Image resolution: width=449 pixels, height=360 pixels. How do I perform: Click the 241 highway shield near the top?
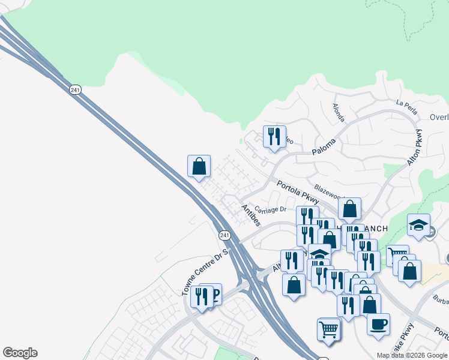click(x=74, y=89)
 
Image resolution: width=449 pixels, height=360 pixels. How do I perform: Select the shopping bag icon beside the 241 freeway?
click(x=199, y=167)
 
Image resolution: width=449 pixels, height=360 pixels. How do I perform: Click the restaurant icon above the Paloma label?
click(x=274, y=137)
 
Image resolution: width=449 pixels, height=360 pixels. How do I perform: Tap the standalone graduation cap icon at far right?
click(x=418, y=225)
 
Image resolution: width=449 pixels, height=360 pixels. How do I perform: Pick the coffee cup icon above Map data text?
click(x=378, y=324)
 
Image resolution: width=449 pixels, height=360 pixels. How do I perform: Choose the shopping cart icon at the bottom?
click(x=328, y=329)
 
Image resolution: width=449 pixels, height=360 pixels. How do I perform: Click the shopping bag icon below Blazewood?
click(x=349, y=209)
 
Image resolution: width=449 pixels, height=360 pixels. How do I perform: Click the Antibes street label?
click(x=250, y=215)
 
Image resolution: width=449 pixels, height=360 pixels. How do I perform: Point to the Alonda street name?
click(x=339, y=112)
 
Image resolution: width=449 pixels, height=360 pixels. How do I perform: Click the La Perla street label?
click(x=406, y=103)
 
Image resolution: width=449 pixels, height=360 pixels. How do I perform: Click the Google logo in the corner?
click(x=20, y=353)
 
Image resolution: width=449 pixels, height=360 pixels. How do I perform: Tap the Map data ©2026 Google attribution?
click(x=412, y=355)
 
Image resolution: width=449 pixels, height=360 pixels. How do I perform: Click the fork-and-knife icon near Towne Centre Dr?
click(x=201, y=296)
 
